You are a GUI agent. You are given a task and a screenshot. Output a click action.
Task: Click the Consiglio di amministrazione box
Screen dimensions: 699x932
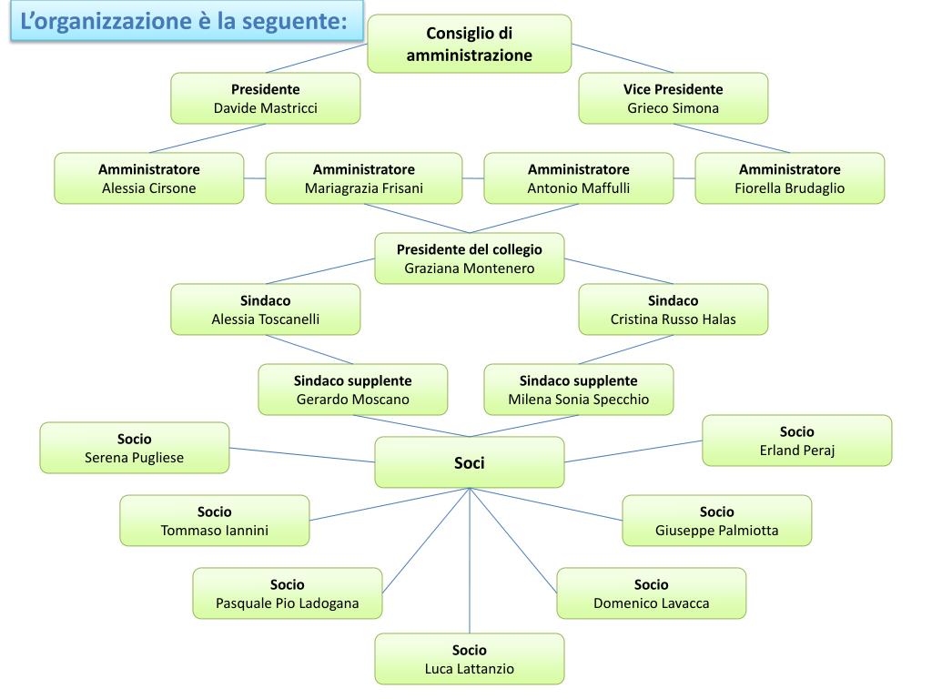469,45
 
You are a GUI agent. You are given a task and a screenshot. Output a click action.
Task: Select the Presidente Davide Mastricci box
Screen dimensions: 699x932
265,98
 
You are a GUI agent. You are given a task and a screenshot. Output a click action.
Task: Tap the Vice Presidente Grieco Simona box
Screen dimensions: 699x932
673,98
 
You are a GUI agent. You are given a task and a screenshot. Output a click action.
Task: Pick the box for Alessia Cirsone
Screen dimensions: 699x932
148,178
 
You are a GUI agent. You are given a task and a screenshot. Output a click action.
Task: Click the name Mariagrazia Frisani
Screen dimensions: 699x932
363,188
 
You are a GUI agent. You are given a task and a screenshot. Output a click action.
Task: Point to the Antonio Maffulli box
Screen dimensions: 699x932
578,178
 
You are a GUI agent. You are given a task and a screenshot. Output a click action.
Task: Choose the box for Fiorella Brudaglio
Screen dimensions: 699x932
789,178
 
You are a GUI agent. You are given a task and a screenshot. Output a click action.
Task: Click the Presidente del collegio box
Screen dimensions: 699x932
469,258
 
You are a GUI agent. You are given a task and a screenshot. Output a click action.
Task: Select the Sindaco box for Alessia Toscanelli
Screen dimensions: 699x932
265,309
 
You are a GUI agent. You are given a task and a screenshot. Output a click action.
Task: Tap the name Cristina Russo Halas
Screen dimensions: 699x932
673,319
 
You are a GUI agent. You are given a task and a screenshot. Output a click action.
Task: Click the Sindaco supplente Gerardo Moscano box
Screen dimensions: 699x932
352,390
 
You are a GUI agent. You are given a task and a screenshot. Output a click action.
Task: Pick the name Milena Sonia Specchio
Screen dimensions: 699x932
578,400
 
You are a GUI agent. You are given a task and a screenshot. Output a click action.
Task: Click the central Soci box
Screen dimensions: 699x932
469,462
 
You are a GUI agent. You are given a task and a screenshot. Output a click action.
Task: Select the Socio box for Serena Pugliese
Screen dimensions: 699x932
134,448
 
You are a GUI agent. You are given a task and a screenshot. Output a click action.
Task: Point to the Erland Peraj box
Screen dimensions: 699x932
796,441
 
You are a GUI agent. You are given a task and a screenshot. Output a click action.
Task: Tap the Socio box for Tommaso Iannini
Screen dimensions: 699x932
214,521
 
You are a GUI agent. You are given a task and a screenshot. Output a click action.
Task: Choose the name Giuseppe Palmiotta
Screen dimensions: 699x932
716,531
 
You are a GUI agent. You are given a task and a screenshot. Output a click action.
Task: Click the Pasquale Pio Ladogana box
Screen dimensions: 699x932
287,593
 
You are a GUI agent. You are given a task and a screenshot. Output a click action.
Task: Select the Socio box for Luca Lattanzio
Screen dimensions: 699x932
469,659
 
